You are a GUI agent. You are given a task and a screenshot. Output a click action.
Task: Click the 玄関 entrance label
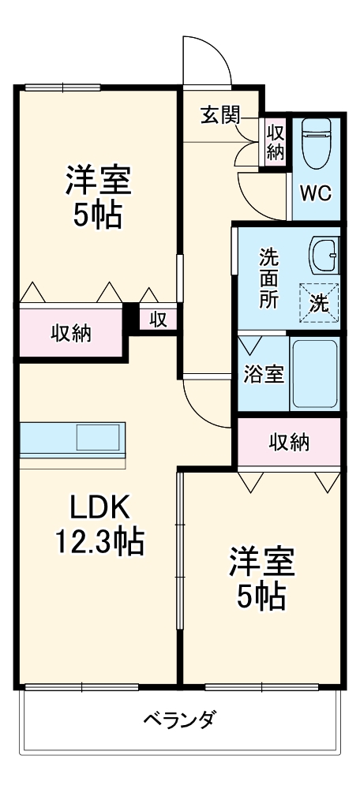coord(219,114)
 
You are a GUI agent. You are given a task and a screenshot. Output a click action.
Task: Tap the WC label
coord(317,192)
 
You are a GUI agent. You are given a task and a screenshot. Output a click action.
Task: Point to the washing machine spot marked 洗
coord(319,302)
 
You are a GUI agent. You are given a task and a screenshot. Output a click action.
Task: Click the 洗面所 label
coord(269,278)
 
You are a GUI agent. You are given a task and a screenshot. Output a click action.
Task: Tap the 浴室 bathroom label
coord(264,374)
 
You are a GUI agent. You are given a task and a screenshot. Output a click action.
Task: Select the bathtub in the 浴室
coord(315,373)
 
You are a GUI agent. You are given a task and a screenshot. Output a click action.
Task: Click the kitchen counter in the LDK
coord(73,439)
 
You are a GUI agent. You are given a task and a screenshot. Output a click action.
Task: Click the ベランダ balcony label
coord(179,720)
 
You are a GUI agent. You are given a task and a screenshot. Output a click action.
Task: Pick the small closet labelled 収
coord(159,319)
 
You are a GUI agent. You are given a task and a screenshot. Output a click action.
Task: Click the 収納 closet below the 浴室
coord(287,443)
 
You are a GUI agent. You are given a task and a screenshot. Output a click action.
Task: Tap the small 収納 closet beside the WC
coord(275,140)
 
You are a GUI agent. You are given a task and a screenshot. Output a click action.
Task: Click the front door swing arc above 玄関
coord(207,59)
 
